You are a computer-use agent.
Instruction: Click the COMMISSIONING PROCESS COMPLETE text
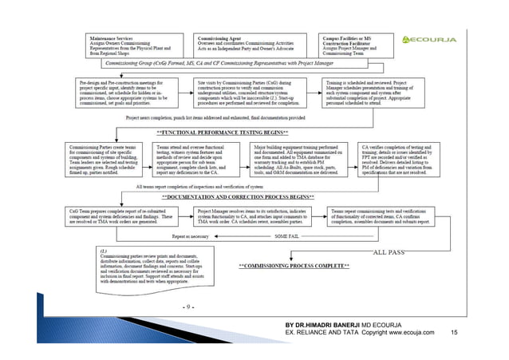pyautogui.click(x=294, y=263)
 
